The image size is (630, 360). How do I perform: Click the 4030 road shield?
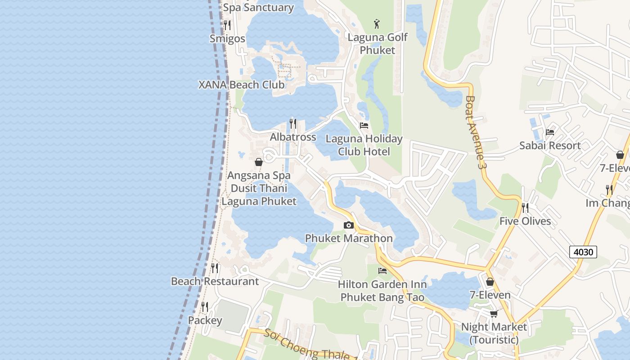pos(583,252)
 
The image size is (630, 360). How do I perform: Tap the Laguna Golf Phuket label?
pos(378,44)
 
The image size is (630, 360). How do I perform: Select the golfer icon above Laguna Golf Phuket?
pos(377,24)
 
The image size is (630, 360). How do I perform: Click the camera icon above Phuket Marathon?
pos(349,225)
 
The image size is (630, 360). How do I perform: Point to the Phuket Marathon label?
pos(349,238)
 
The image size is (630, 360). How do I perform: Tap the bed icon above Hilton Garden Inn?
pos(382,271)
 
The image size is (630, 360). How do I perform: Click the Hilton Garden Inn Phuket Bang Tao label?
pos(382,291)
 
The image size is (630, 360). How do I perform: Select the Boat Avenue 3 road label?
pos(477,132)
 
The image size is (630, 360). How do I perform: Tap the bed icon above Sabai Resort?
pos(550,132)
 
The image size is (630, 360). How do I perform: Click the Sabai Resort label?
pos(550,145)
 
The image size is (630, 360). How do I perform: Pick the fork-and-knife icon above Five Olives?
pos(525,208)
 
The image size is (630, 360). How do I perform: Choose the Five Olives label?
pos(525,221)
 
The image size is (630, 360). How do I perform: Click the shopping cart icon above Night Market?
pos(494,314)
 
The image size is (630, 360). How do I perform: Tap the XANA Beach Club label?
pos(242,85)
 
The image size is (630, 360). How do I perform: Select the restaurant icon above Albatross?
pos(293,124)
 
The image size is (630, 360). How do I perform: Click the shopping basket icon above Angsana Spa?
pos(259,162)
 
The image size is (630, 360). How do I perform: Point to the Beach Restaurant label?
pos(215,282)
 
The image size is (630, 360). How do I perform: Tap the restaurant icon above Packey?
pos(205,307)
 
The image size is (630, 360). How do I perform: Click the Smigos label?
pos(228,39)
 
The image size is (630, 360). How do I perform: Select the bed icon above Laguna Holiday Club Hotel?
pos(364,126)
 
